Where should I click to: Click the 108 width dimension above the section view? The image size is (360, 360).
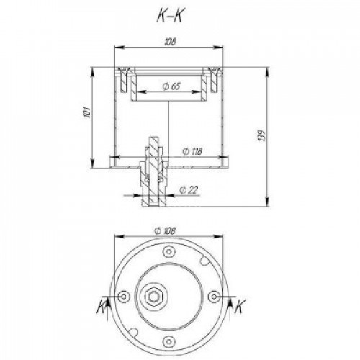170,42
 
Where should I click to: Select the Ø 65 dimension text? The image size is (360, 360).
171,86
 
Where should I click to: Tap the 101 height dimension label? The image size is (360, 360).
87,112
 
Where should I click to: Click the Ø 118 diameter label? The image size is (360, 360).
192,151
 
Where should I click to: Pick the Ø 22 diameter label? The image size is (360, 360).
189,190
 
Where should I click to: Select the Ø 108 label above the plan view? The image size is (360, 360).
166,231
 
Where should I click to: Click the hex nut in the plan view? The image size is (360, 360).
153,297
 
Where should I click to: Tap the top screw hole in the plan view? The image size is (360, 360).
169,251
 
